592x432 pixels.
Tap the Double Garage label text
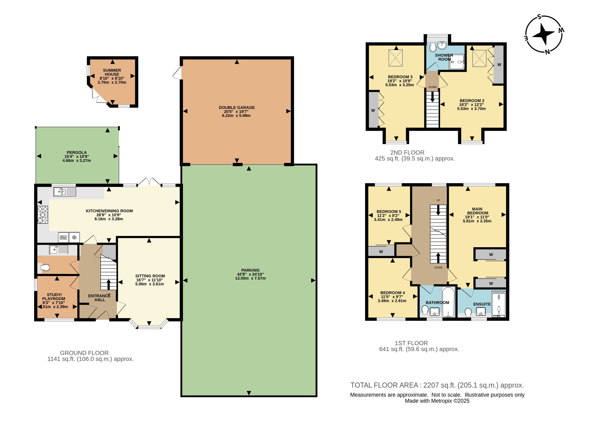(237, 107)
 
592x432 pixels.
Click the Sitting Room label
(150, 276)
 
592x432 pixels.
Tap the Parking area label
(250, 270)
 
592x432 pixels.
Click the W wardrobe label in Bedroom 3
(373, 110)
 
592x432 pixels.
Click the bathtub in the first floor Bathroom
(449, 302)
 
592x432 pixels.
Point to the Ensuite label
(482, 304)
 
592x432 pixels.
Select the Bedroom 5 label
(389, 212)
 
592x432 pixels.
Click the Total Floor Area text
(437, 385)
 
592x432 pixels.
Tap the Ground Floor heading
(84, 353)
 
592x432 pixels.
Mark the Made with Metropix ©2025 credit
(437, 401)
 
